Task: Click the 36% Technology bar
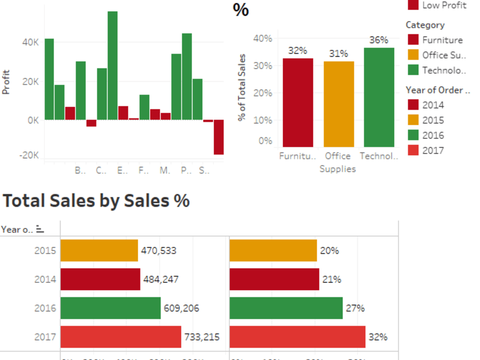point(379,97)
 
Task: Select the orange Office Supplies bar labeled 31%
point(338,104)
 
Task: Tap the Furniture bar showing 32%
point(298,102)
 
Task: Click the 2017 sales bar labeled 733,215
point(120,337)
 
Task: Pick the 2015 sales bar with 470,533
point(99,251)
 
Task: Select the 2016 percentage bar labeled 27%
point(286,308)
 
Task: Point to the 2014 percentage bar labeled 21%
point(274,279)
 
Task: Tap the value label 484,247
point(161,279)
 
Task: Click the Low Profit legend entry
point(444,6)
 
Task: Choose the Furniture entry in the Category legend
point(442,40)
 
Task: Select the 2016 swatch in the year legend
point(413,135)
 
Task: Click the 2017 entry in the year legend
point(433,150)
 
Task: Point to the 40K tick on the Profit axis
point(30,42)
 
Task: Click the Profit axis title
point(6,83)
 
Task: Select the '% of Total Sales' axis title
point(242,87)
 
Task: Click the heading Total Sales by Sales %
point(96,201)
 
